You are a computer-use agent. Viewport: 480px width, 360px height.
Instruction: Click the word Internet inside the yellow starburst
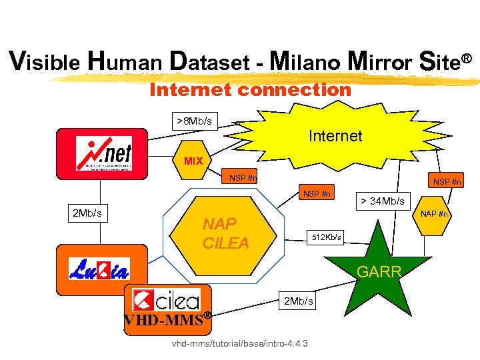coord(335,136)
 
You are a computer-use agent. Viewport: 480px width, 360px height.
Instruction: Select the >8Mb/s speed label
coord(194,121)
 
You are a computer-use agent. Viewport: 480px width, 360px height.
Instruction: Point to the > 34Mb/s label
coord(383,200)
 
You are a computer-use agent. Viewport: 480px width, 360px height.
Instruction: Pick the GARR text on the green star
coord(379,272)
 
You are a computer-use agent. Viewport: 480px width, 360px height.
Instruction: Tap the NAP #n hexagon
coord(434,214)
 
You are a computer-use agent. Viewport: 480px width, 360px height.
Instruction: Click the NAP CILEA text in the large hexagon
coord(225,233)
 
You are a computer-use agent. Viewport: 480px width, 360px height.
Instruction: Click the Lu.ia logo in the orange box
coord(99,269)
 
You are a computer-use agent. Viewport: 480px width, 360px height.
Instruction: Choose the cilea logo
coord(167,299)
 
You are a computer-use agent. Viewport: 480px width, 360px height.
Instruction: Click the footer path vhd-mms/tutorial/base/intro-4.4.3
coord(240,344)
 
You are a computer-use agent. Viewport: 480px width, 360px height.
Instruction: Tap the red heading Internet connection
coord(250,89)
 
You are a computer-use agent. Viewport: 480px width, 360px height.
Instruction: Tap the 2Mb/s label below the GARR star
coord(298,301)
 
